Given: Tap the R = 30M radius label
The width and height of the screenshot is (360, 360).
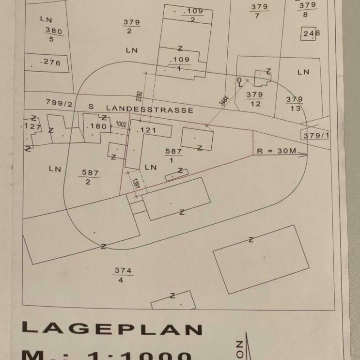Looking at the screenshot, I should pos(276,151).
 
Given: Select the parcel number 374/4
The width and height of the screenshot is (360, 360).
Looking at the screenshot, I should pos(123,275).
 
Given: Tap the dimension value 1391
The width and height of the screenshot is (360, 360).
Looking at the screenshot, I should pos(137,184).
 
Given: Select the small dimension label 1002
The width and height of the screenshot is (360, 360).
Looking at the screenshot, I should pos(121,125).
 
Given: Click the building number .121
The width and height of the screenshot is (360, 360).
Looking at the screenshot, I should pos(147,130).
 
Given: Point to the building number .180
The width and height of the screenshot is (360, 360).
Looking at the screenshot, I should pos(96,127).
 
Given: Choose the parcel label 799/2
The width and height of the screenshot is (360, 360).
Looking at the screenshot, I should pos(59,103).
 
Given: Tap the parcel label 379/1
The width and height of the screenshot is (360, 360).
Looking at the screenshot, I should pos(316,136).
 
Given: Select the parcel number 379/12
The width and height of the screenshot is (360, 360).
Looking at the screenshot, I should pos(254,99).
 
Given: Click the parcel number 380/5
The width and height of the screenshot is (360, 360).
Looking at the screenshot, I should pos(53,34).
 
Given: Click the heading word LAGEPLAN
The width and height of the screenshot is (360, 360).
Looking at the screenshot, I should pos(111,329).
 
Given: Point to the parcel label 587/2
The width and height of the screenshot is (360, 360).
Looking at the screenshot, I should pos(90,177).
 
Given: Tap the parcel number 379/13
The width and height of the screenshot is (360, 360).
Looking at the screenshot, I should pos(295,104).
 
